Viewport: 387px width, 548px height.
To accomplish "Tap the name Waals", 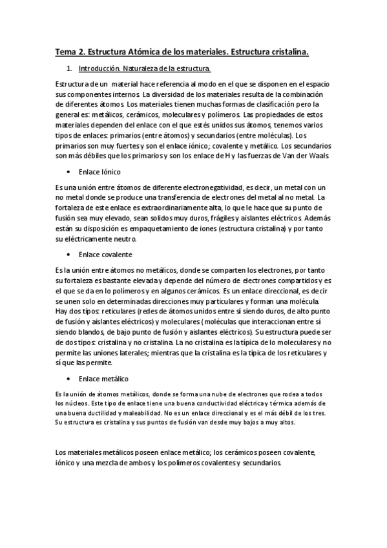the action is click(x=322, y=156).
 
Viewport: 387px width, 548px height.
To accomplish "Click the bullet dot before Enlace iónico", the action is click(x=68, y=173).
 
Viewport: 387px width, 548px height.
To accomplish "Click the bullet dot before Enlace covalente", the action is click(x=68, y=255).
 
